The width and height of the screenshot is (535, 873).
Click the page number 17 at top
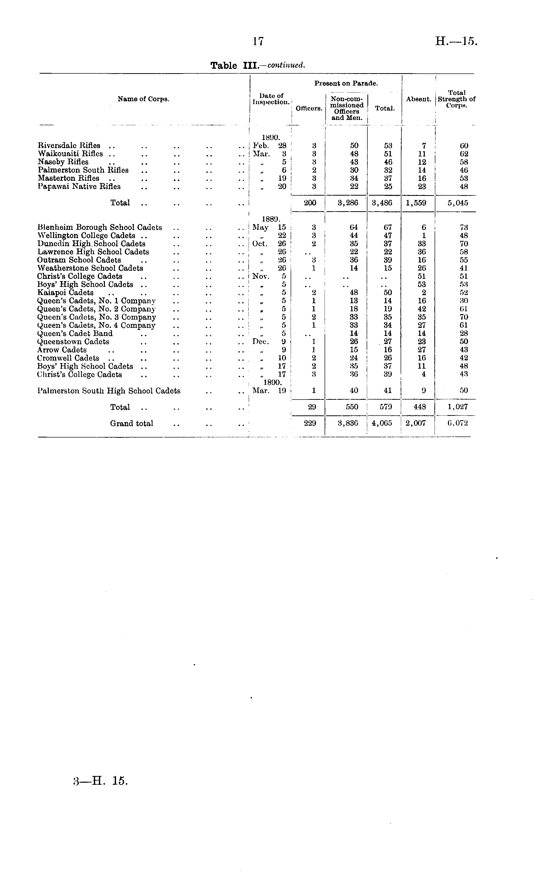[x=258, y=42]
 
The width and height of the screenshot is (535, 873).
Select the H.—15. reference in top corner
[x=456, y=41]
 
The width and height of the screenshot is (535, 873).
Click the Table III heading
[x=257, y=66]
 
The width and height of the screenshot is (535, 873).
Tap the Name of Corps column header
[x=143, y=99]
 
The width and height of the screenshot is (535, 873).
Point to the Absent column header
[x=418, y=99]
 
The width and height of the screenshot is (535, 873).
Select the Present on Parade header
[x=346, y=84]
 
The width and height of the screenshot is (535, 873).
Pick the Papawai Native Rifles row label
[x=79, y=186]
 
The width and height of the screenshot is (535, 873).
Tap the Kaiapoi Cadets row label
[x=65, y=293]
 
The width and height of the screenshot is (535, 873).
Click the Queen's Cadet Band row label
[x=75, y=333]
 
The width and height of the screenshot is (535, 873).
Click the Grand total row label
[x=132, y=423]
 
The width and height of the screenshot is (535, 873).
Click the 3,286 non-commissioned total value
[x=348, y=203]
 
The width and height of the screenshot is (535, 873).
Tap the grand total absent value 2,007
[x=415, y=423]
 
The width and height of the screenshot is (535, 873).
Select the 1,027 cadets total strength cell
[x=457, y=407]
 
